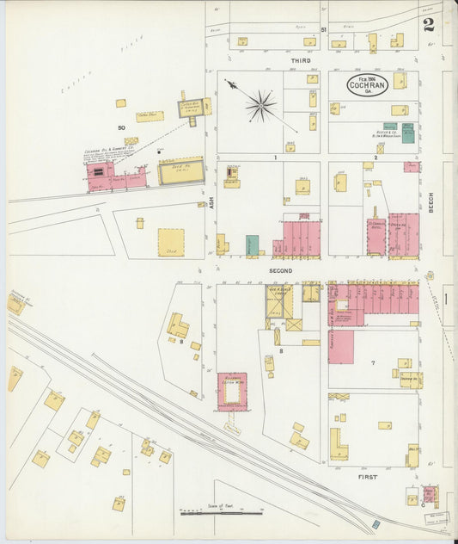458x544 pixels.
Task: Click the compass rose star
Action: coord(260,106)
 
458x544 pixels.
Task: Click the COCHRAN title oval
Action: coord(368,83)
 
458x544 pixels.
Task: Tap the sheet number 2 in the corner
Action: coord(428,24)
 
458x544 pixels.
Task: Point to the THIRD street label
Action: coord(300,61)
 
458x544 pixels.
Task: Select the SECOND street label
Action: coord(280,270)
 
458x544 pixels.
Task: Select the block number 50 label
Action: coord(121,127)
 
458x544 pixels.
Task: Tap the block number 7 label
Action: coord(373,363)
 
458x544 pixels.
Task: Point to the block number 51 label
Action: coord(323,31)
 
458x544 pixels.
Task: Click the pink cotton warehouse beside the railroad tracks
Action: coord(231,392)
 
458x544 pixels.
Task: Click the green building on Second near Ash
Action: coord(253,245)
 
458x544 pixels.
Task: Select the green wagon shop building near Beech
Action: coord(408,132)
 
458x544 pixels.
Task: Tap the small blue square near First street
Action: coord(376,523)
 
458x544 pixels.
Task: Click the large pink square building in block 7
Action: coord(340,346)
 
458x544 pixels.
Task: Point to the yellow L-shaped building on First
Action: coord(339,445)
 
